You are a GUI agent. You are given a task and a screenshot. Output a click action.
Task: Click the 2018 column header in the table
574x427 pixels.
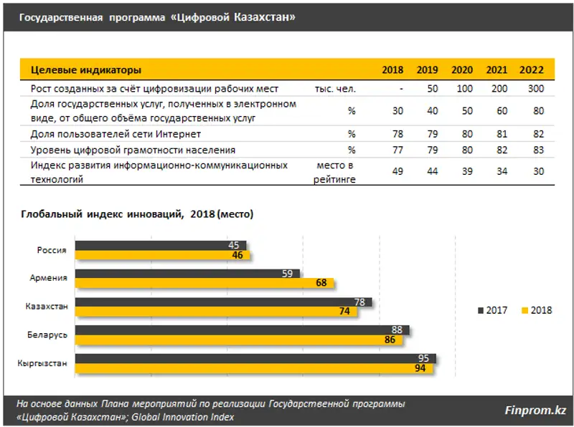(x=392, y=70)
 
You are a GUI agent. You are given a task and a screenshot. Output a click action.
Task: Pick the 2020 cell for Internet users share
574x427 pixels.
(x=466, y=134)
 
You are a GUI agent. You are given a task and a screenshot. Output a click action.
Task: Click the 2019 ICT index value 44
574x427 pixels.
(x=432, y=171)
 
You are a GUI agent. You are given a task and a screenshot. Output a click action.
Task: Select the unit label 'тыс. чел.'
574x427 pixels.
(x=334, y=89)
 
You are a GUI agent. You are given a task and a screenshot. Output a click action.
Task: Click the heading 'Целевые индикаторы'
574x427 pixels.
(x=86, y=70)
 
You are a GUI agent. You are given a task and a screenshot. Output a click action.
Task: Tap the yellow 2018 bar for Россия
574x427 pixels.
(x=162, y=254)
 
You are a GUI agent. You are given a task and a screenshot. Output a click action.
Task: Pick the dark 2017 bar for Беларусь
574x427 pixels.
(x=242, y=330)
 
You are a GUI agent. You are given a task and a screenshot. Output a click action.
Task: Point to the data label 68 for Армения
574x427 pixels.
(x=320, y=283)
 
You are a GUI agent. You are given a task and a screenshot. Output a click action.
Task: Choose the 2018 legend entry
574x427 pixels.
(x=537, y=311)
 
